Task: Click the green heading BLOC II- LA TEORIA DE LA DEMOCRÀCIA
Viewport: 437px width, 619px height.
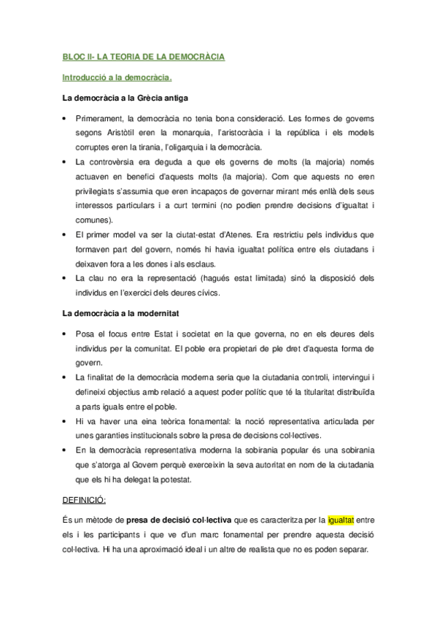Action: click(143, 56)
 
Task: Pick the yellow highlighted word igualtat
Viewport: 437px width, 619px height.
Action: click(341, 520)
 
